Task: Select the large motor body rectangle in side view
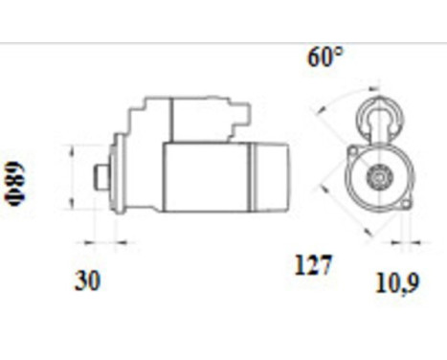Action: pyautogui.click(x=205, y=177)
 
